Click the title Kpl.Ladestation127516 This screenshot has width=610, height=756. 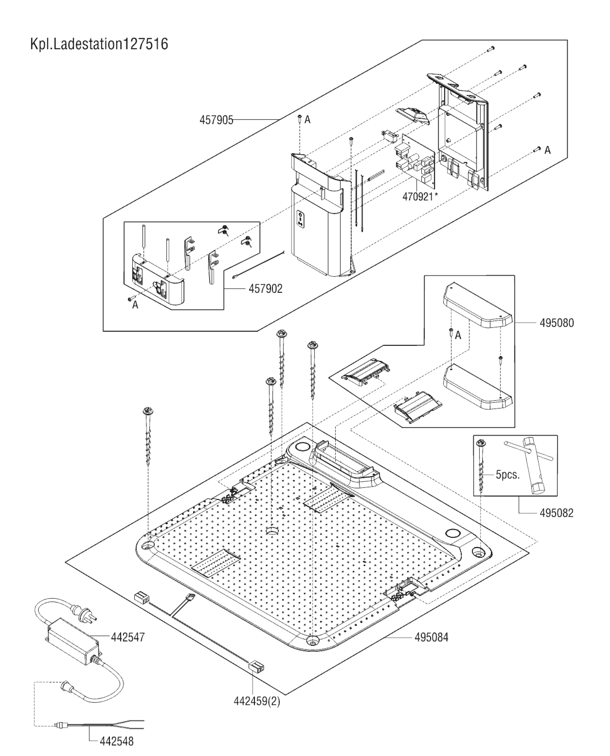point(99,45)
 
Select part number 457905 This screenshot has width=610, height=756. point(216,120)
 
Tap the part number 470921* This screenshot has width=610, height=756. point(420,197)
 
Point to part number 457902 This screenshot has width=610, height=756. point(265,289)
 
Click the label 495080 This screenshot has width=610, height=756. point(556,323)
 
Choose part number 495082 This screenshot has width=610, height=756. point(556,513)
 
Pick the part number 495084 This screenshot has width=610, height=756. point(431,637)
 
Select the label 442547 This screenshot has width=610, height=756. point(128,637)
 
